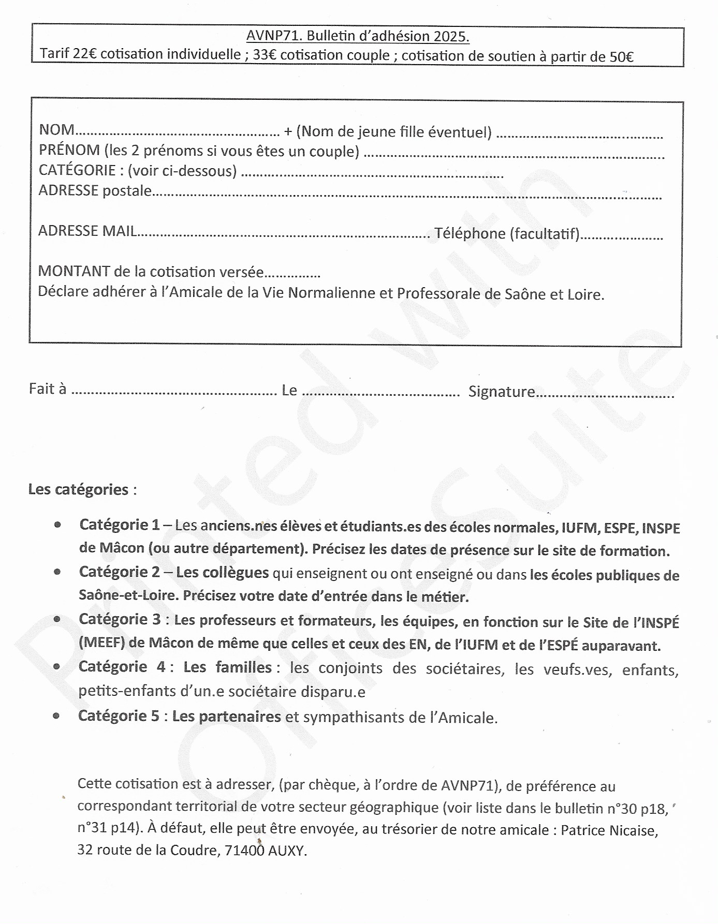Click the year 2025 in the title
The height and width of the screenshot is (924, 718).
450,36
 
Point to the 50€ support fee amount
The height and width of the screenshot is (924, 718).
621,56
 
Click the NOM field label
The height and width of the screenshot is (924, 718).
56,129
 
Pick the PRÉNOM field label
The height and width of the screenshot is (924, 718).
69,150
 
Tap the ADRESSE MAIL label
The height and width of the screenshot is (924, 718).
87,231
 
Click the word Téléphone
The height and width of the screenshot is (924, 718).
470,233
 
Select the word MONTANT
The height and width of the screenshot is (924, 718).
74,271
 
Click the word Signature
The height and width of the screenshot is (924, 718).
501,392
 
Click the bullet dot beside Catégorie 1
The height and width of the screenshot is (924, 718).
57,525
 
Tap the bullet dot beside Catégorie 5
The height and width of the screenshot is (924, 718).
56,716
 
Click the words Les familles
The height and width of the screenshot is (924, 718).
228,667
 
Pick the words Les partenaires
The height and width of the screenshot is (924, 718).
226,717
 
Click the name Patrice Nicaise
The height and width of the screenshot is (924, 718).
609,830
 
